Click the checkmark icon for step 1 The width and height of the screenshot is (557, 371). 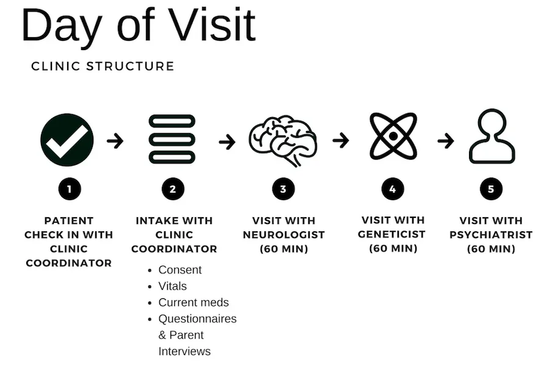point(67,140)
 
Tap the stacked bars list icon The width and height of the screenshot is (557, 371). point(172,139)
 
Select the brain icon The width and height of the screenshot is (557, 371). point(283,139)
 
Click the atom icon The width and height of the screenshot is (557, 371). point(393,137)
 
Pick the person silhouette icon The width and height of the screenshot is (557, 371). point(492,137)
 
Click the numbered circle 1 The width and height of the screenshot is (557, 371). point(69,189)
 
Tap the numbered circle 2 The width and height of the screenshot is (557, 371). point(173,189)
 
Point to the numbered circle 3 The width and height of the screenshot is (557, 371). point(283,189)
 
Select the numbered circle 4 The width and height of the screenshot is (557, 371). point(393,189)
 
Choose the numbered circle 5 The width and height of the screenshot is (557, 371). point(491,189)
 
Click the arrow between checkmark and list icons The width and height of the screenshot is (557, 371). point(115,141)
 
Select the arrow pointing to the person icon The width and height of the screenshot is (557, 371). point(446,141)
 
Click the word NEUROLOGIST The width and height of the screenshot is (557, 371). point(283,235)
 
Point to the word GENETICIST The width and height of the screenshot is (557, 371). point(393,234)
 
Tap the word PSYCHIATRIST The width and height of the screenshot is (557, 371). point(491,235)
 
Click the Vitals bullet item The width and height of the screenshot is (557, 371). point(172,286)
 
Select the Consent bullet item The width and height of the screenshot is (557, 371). point(180,270)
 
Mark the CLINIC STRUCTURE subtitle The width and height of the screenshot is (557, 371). point(103,66)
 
